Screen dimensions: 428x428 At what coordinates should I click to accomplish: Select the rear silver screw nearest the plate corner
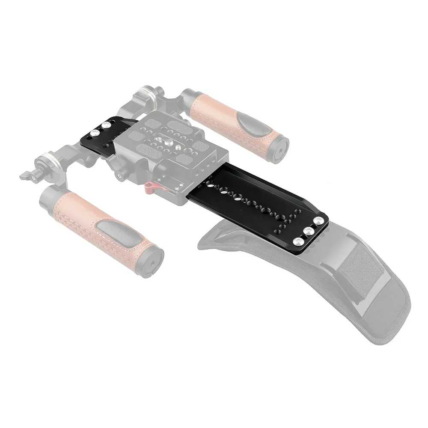(x=318, y=221)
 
